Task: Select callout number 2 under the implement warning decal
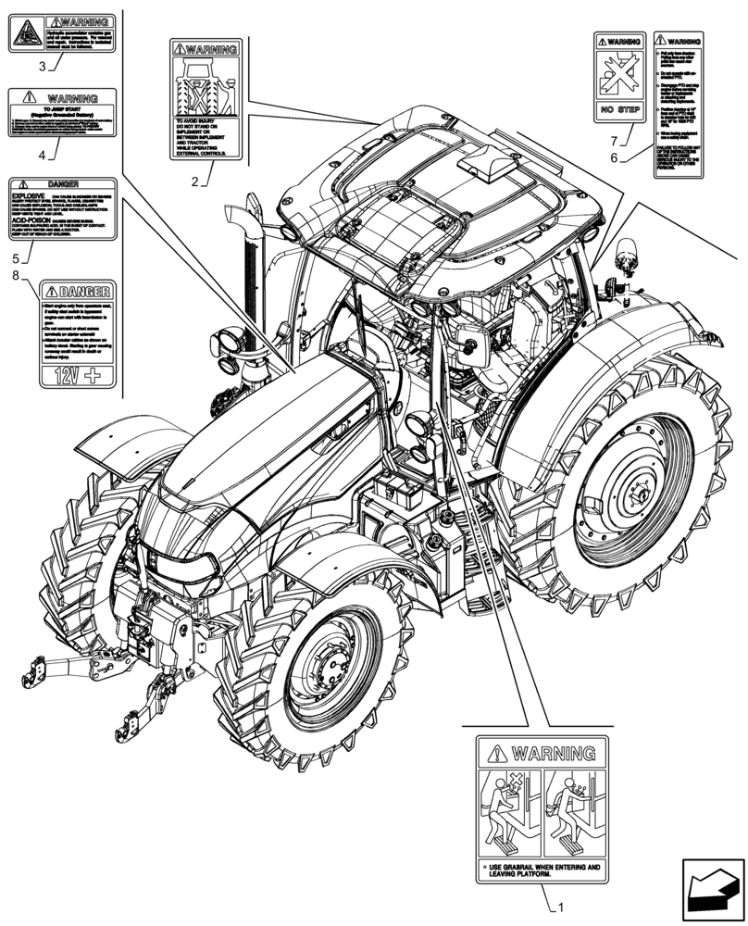pos(195,181)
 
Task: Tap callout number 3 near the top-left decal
pos(43,66)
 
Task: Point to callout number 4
pos(43,155)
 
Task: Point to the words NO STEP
pos(617,110)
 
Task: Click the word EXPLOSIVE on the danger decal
pos(29,197)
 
